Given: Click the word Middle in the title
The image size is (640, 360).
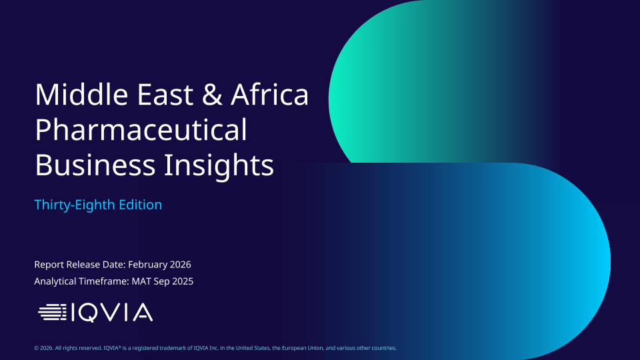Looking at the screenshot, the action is pos(81,94).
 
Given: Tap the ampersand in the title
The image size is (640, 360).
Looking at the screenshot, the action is pos(212,94).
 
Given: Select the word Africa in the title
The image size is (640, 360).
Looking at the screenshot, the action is pos(270,94).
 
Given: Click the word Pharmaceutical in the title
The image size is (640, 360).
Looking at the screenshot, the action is pos(141,130).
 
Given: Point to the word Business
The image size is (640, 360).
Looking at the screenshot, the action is pos(95,165).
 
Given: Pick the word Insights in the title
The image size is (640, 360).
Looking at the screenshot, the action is pos(219,166).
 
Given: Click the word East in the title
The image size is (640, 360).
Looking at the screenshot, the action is pos(165,94).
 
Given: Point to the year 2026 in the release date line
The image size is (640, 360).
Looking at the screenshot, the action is pos(181,265).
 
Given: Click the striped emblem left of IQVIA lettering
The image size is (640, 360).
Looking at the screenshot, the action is pos(52,312).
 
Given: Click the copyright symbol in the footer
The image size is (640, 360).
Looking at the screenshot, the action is pos(36,348).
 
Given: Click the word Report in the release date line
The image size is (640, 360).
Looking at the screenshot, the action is pos(49,265).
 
